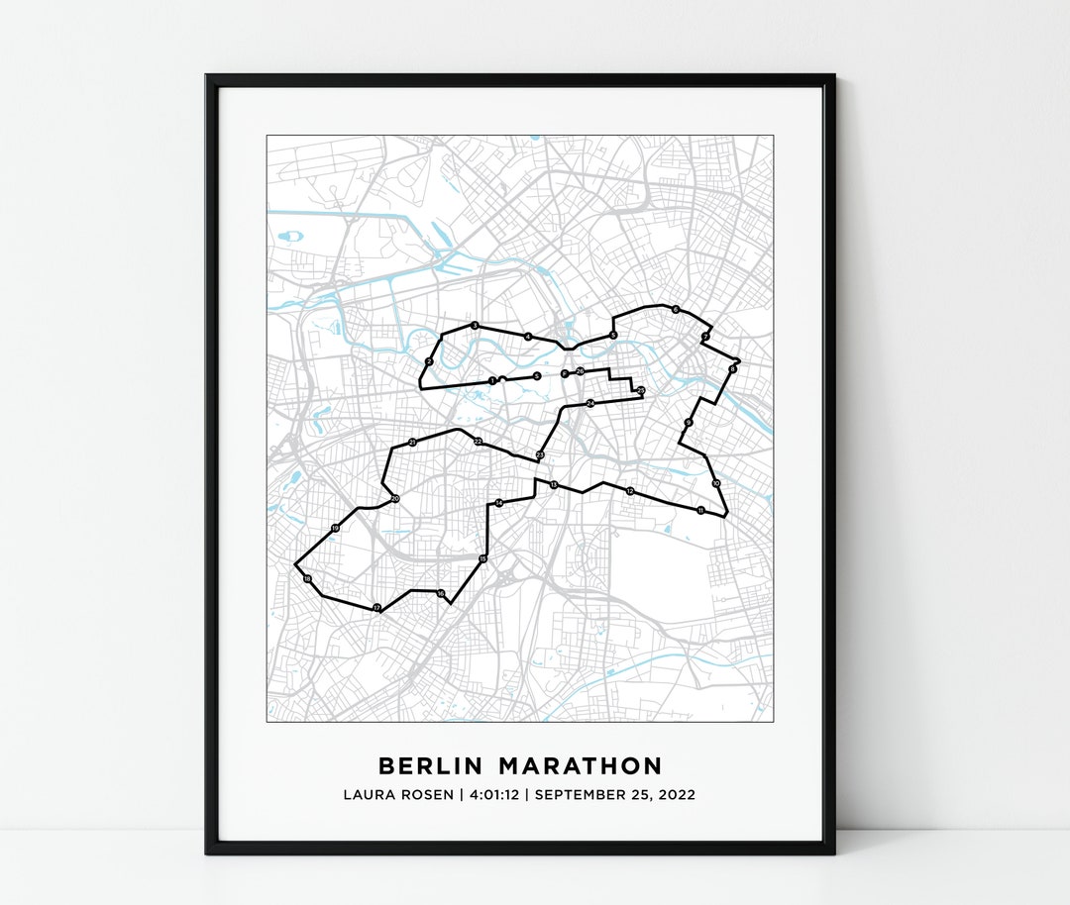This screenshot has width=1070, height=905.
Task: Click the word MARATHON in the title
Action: [581, 766]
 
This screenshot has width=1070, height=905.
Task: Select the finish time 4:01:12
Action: [480, 795]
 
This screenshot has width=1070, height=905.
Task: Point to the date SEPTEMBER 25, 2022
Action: [615, 795]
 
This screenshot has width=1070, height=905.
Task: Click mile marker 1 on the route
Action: [491, 380]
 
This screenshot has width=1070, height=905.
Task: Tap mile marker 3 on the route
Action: [475, 326]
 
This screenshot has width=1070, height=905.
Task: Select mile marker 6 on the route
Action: [676, 310]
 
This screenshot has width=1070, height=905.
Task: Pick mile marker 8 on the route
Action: [732, 369]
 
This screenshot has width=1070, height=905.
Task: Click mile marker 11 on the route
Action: [700, 510]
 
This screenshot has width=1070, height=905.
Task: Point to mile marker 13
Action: [553, 484]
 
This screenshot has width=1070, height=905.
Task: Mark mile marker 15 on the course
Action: [482, 559]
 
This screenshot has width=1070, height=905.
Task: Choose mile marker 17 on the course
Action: [376, 607]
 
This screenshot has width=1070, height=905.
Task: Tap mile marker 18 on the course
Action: [307, 578]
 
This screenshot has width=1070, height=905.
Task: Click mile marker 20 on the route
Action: [394, 499]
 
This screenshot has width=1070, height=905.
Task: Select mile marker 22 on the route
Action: [478, 441]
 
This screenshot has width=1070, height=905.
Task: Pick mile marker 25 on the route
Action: [641, 391]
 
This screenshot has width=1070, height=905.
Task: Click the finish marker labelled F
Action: [564, 373]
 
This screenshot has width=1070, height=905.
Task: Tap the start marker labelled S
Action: [537, 376]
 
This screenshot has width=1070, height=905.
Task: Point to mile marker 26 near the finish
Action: [580, 371]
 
